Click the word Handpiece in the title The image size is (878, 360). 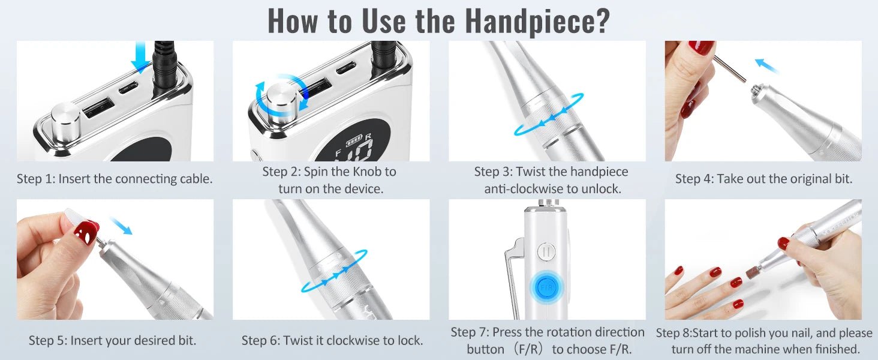tap(537, 21)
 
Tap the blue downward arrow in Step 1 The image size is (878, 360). tap(140, 57)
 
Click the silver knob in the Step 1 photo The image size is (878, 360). tap(66, 123)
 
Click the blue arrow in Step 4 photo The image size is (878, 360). tap(766, 65)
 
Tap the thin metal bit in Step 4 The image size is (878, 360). tap(729, 68)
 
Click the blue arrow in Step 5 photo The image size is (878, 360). tap(121, 226)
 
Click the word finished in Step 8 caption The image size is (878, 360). tap(837, 349)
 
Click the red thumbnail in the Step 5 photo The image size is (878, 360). tap(86, 232)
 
